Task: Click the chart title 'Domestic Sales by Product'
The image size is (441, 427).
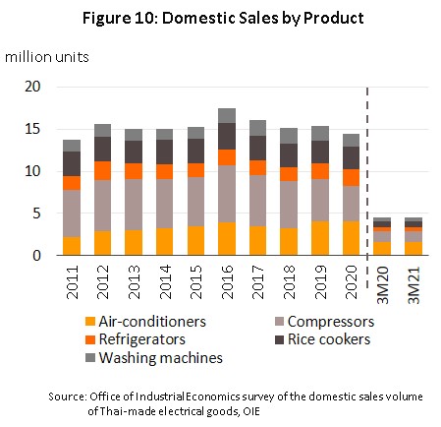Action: pyautogui.click(x=263, y=18)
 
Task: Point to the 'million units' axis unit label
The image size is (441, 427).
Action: pyautogui.click(x=47, y=57)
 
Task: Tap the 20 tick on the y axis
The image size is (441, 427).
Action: pyautogui.click(x=32, y=87)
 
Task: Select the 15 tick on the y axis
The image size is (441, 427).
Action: pyautogui.click(x=32, y=129)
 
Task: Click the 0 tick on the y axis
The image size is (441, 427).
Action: pyautogui.click(x=36, y=255)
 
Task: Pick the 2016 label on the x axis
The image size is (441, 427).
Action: pyautogui.click(x=227, y=282)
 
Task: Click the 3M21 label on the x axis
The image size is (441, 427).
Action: pyautogui.click(x=414, y=285)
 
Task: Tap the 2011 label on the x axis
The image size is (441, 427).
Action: pyautogui.click(x=72, y=282)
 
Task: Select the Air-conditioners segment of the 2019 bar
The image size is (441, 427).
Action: pyautogui.click(x=320, y=238)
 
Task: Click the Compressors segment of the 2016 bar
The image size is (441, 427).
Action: pyautogui.click(x=227, y=194)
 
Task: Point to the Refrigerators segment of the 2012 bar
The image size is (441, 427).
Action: pyautogui.click(x=102, y=170)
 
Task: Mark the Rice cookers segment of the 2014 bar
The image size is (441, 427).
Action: pyautogui.click(x=164, y=152)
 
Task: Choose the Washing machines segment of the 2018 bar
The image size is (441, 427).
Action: pyautogui.click(x=289, y=136)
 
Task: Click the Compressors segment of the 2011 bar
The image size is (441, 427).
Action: pyautogui.click(x=72, y=213)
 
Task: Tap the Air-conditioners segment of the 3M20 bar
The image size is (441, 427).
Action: pyautogui.click(x=382, y=249)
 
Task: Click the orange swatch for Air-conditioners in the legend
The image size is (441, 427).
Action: pyautogui.click(x=90, y=322)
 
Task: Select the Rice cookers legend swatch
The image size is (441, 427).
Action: pyautogui.click(x=279, y=339)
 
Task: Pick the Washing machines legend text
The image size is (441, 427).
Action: pyautogui.click(x=161, y=357)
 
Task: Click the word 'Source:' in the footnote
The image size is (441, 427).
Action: pyautogui.click(x=68, y=396)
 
